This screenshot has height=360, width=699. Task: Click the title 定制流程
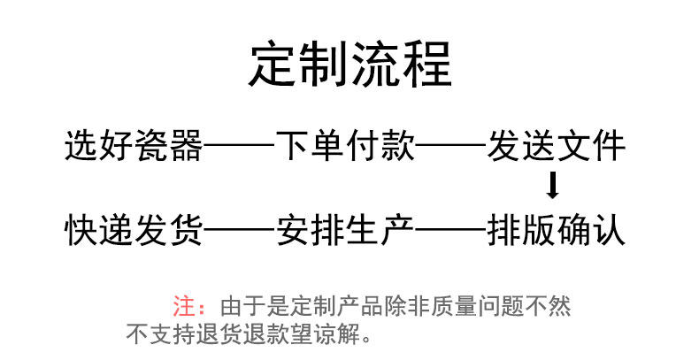[x=350, y=65]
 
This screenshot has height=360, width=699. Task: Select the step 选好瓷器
[x=134, y=146]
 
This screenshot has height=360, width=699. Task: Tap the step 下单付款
[x=345, y=146]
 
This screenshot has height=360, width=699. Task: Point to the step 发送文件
[x=556, y=146]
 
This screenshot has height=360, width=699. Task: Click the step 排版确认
[x=556, y=230]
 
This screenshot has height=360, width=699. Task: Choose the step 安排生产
[x=345, y=230]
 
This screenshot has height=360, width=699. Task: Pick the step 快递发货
[x=134, y=230]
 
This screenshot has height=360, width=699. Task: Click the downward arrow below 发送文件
[x=553, y=185]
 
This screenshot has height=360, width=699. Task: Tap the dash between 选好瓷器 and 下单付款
[x=240, y=144]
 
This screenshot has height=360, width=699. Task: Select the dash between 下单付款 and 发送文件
[x=450, y=144]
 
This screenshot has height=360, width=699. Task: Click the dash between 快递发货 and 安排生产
[x=240, y=229]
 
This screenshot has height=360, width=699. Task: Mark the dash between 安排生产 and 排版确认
[x=450, y=229]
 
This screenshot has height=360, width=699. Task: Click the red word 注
[x=184, y=306]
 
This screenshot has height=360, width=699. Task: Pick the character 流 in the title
[x=375, y=65]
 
